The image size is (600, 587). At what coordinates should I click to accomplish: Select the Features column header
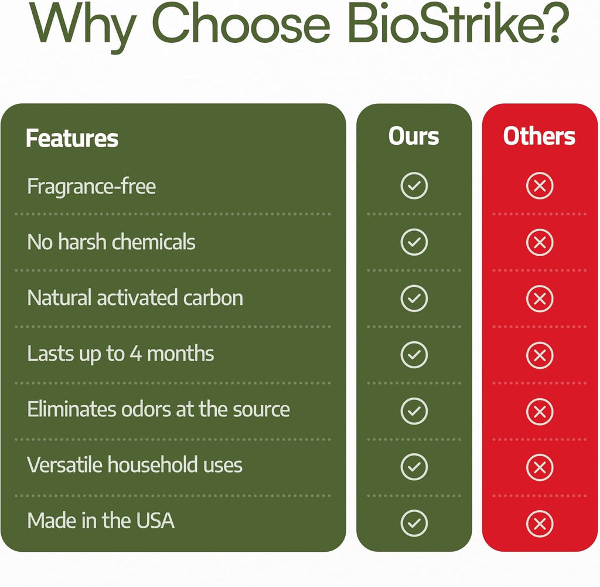point(72,138)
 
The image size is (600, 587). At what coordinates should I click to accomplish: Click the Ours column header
point(414,136)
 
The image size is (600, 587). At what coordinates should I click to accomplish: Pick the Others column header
point(539,136)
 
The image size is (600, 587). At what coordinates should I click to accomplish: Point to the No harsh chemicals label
point(111,242)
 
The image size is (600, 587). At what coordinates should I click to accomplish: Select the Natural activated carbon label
point(135,298)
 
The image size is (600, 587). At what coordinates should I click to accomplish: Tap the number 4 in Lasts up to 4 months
point(136,354)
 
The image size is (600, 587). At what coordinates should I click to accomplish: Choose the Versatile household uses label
point(135,465)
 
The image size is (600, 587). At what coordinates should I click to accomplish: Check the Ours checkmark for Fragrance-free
point(414,186)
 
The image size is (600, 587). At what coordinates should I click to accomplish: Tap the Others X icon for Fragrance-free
point(540,186)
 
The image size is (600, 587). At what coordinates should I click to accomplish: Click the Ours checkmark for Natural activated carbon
point(414,298)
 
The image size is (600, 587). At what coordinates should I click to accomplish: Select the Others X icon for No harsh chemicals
point(540,242)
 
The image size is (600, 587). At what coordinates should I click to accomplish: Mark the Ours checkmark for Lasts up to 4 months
point(414,355)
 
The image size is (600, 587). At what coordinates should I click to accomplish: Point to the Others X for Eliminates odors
point(540,412)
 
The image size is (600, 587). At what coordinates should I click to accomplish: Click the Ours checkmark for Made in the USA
point(414,524)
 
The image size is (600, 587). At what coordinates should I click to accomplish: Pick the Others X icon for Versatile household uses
point(540,467)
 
